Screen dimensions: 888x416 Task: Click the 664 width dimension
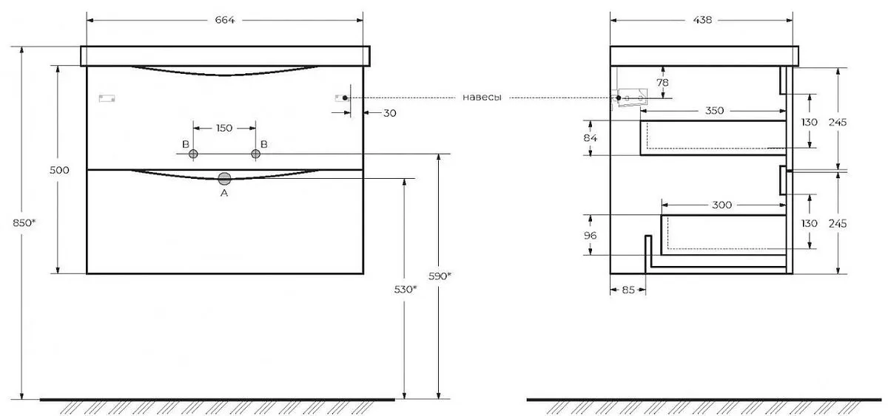tap(225, 20)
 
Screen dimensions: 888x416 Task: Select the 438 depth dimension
tap(702, 20)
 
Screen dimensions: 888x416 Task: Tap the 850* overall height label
tap(24, 223)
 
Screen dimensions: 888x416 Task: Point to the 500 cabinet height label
tap(59, 170)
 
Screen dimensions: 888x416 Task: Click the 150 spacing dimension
tap(224, 128)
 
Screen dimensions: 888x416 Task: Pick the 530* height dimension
tap(406, 290)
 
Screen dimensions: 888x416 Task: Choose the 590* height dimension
tap(440, 276)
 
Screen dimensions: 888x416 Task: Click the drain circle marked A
tap(224, 179)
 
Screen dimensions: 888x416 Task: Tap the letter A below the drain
tap(224, 193)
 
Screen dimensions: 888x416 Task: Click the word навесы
tap(482, 98)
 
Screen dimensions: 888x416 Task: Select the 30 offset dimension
tap(389, 113)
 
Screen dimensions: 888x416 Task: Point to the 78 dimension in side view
tap(662, 82)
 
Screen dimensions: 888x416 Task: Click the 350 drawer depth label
tap(714, 110)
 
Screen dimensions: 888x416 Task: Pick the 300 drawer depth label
tap(722, 205)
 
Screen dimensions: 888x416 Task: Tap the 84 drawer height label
tap(591, 137)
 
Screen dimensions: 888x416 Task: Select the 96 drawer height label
tap(591, 236)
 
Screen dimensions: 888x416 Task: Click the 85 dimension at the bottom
tap(628, 290)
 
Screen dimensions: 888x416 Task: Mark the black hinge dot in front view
tap(345, 98)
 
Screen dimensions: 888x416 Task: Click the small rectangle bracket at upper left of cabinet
tap(107, 98)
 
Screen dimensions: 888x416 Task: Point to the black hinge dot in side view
tap(619, 98)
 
